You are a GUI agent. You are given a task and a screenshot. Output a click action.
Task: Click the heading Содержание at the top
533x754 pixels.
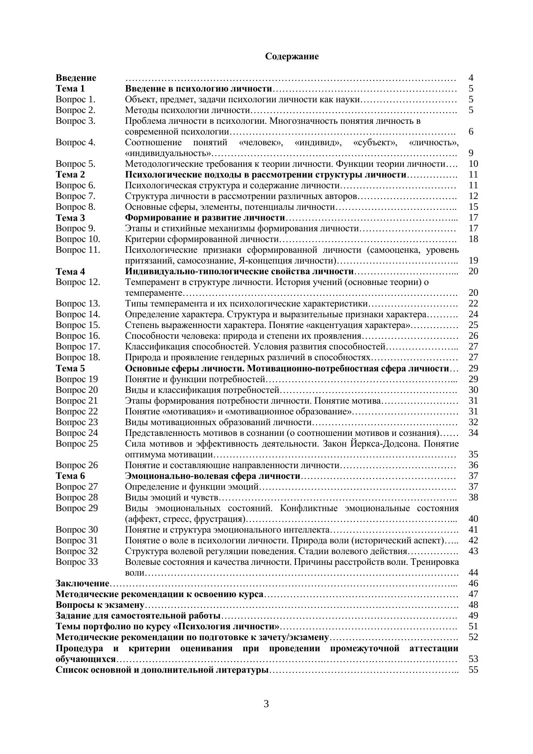click(x=292, y=56)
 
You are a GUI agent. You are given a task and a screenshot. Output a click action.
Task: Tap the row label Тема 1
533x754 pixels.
click(x=70, y=89)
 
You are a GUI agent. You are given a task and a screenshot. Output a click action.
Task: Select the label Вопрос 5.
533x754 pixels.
click(x=76, y=164)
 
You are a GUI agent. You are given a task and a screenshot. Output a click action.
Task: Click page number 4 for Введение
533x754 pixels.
click(x=471, y=78)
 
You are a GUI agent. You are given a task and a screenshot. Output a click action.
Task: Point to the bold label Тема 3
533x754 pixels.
click(x=70, y=218)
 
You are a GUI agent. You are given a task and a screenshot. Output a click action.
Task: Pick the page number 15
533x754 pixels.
click(x=473, y=207)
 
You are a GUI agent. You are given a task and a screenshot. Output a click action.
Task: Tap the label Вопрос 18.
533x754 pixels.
click(x=78, y=357)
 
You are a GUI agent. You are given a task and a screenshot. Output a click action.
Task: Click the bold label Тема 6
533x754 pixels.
click(x=70, y=476)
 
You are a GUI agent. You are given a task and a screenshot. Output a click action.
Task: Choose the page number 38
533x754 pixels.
click(x=473, y=497)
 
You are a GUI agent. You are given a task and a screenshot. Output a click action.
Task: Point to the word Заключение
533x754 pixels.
click(x=82, y=583)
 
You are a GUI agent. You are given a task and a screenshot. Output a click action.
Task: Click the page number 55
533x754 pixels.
click(x=473, y=670)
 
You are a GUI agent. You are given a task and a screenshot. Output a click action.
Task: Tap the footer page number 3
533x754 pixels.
click(x=266, y=704)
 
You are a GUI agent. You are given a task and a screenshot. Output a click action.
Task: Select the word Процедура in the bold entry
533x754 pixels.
click(x=79, y=648)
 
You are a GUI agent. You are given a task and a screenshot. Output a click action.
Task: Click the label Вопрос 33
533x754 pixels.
click(x=77, y=562)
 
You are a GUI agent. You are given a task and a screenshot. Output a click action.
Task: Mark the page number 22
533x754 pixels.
click(x=473, y=303)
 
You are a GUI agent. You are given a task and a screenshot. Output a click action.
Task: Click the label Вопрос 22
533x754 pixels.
click(x=77, y=411)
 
